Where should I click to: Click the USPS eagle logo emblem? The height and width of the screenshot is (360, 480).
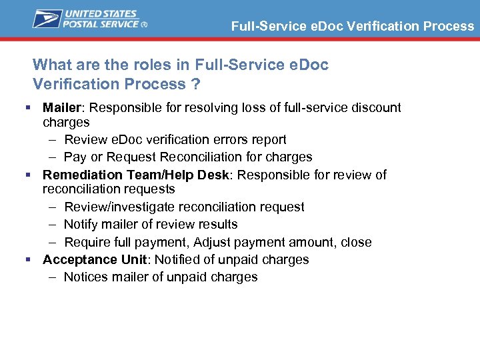coord(46,19)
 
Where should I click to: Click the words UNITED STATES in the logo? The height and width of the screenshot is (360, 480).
coord(100,13)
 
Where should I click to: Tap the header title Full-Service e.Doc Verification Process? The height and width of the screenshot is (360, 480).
coord(353,27)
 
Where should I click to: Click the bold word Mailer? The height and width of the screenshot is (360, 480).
coord(61,108)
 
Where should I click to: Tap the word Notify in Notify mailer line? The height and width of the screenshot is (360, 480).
coord(81,225)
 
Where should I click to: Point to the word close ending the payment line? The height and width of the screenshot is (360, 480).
coord(356,243)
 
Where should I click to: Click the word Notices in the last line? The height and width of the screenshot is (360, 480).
coord(84,277)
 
